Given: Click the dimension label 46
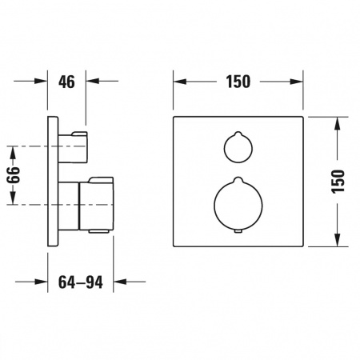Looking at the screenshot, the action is coord(66,82).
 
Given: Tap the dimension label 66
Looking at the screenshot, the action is coord(14,175).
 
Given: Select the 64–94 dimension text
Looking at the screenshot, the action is coord(81,282).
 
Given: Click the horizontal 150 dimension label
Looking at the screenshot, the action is coord(238,82).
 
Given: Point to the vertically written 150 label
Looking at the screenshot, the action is coord(338,181).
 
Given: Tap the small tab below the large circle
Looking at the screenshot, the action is coord(238,231).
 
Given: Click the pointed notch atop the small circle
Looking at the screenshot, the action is coord(238,134).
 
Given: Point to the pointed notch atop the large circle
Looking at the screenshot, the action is coord(238,179).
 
